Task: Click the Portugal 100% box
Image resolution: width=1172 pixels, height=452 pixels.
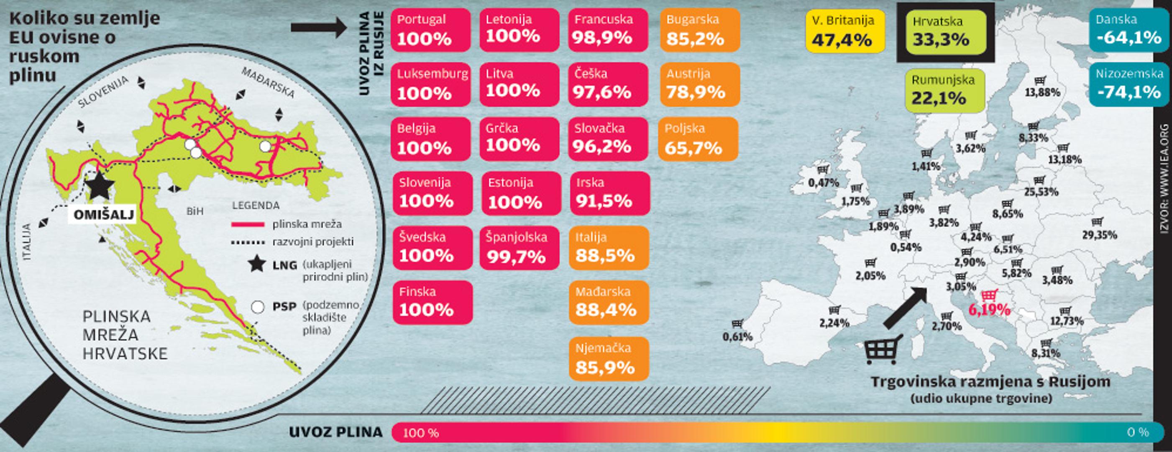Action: tap(430, 30)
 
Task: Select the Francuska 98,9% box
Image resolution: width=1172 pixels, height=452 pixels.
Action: tap(608, 30)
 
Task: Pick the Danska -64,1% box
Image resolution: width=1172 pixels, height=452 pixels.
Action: tap(1128, 30)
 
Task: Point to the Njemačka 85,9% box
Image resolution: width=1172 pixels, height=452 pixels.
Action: tap(608, 359)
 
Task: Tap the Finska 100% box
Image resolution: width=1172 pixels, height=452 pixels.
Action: tap(432, 302)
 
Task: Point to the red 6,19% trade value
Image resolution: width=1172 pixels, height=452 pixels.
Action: tap(989, 310)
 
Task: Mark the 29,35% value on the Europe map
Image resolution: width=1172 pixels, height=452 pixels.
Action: tap(1099, 235)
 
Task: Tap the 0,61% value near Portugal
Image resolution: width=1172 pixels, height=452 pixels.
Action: tap(737, 337)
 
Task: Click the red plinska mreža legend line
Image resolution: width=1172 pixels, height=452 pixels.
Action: tap(248, 224)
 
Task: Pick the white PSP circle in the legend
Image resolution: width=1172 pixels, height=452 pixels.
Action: tap(258, 307)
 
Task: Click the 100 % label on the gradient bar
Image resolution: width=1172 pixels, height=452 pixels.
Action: tap(421, 433)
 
